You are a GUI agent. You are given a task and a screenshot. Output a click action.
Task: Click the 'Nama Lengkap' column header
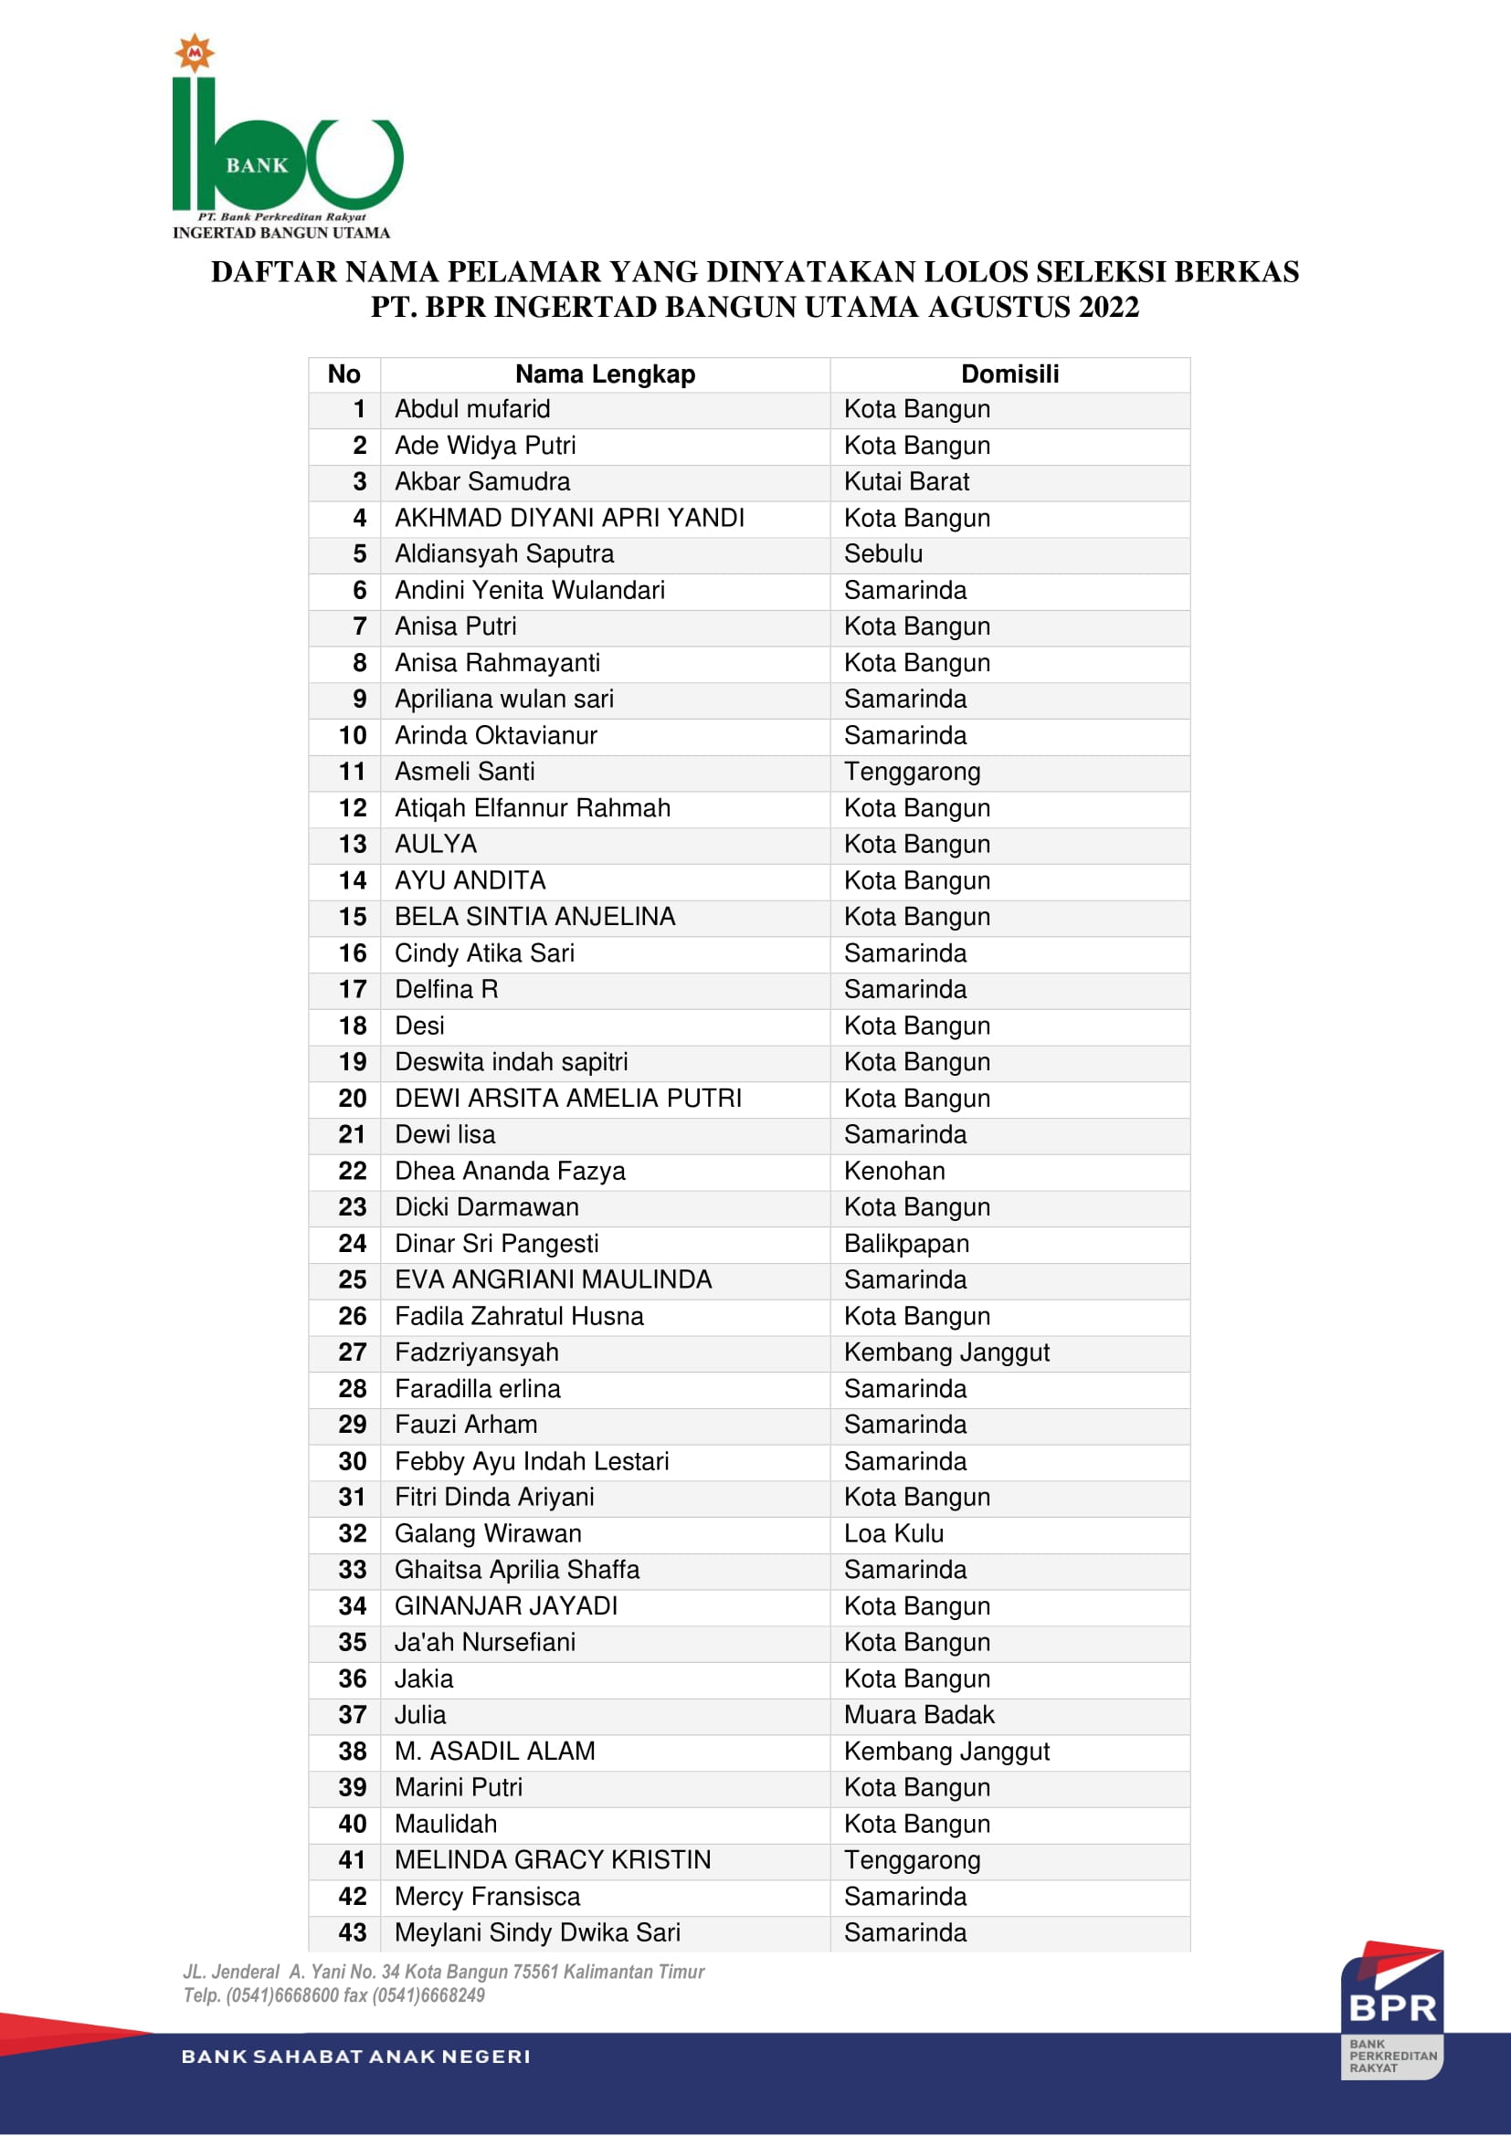605,374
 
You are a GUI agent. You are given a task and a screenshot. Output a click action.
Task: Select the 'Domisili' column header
1009,374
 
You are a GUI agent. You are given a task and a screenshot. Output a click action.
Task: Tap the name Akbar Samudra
482,482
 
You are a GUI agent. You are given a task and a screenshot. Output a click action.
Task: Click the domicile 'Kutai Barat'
906,482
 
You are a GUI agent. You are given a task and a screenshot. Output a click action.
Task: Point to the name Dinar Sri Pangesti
496,1244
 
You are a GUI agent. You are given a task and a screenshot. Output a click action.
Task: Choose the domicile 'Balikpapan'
906,1244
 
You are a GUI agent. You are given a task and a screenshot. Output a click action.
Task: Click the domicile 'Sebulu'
883,554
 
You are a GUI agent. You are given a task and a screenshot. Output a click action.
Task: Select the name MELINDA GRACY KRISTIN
553,1859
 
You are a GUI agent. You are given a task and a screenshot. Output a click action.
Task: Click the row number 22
353,1172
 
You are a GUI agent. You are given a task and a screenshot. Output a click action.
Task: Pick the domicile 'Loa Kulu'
893,1533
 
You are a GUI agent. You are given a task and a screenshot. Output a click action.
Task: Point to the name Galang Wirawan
488,1533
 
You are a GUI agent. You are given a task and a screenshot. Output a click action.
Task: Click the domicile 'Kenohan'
894,1172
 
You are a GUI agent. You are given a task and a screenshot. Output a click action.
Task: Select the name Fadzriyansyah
476,1352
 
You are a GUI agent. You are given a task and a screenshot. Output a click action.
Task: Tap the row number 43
353,1932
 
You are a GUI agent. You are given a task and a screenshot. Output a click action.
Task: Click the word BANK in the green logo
257,165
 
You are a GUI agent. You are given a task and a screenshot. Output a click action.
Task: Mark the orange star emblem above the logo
195,53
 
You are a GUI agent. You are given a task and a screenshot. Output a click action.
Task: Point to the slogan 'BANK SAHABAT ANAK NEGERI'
355,2057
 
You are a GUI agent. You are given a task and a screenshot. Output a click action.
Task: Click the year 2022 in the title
1108,307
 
